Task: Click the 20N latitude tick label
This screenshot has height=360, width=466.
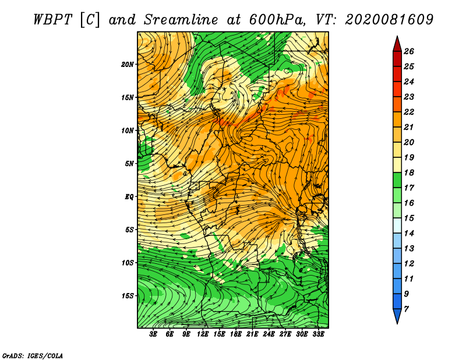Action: pyautogui.click(x=128, y=65)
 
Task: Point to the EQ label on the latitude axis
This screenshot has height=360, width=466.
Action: pyautogui.click(x=129, y=197)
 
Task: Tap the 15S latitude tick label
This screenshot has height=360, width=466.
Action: pyautogui.click(x=128, y=296)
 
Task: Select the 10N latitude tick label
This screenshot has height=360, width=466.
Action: pyautogui.click(x=128, y=130)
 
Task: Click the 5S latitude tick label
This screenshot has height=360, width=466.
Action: pyautogui.click(x=129, y=230)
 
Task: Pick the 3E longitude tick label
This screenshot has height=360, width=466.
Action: pyautogui.click(x=153, y=334)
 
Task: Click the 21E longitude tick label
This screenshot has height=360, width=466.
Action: pyautogui.click(x=252, y=334)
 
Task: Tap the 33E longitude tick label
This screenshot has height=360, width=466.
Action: pyautogui.click(x=318, y=334)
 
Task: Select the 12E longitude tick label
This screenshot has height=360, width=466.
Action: pyautogui.click(x=202, y=334)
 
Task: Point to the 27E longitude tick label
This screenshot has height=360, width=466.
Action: pyautogui.click(x=285, y=334)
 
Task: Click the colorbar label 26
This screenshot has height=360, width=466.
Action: pyautogui.click(x=409, y=51)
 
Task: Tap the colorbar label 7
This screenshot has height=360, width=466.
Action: pyautogui.click(x=407, y=309)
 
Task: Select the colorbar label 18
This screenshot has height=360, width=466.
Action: pyautogui.click(x=409, y=172)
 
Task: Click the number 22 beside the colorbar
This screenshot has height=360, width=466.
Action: pyautogui.click(x=409, y=112)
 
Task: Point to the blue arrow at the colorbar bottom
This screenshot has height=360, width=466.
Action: pyautogui.click(x=397, y=316)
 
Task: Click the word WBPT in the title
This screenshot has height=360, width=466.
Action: pyautogui.click(x=52, y=20)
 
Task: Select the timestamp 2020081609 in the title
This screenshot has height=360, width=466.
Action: pyautogui.click(x=389, y=20)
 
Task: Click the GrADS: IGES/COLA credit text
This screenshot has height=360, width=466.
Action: pyautogui.click(x=33, y=356)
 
